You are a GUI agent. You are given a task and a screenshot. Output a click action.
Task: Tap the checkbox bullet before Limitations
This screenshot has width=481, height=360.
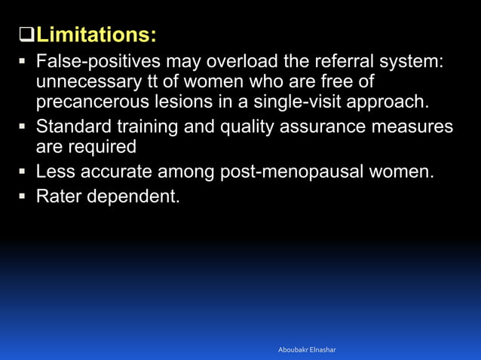click(x=17, y=35)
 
